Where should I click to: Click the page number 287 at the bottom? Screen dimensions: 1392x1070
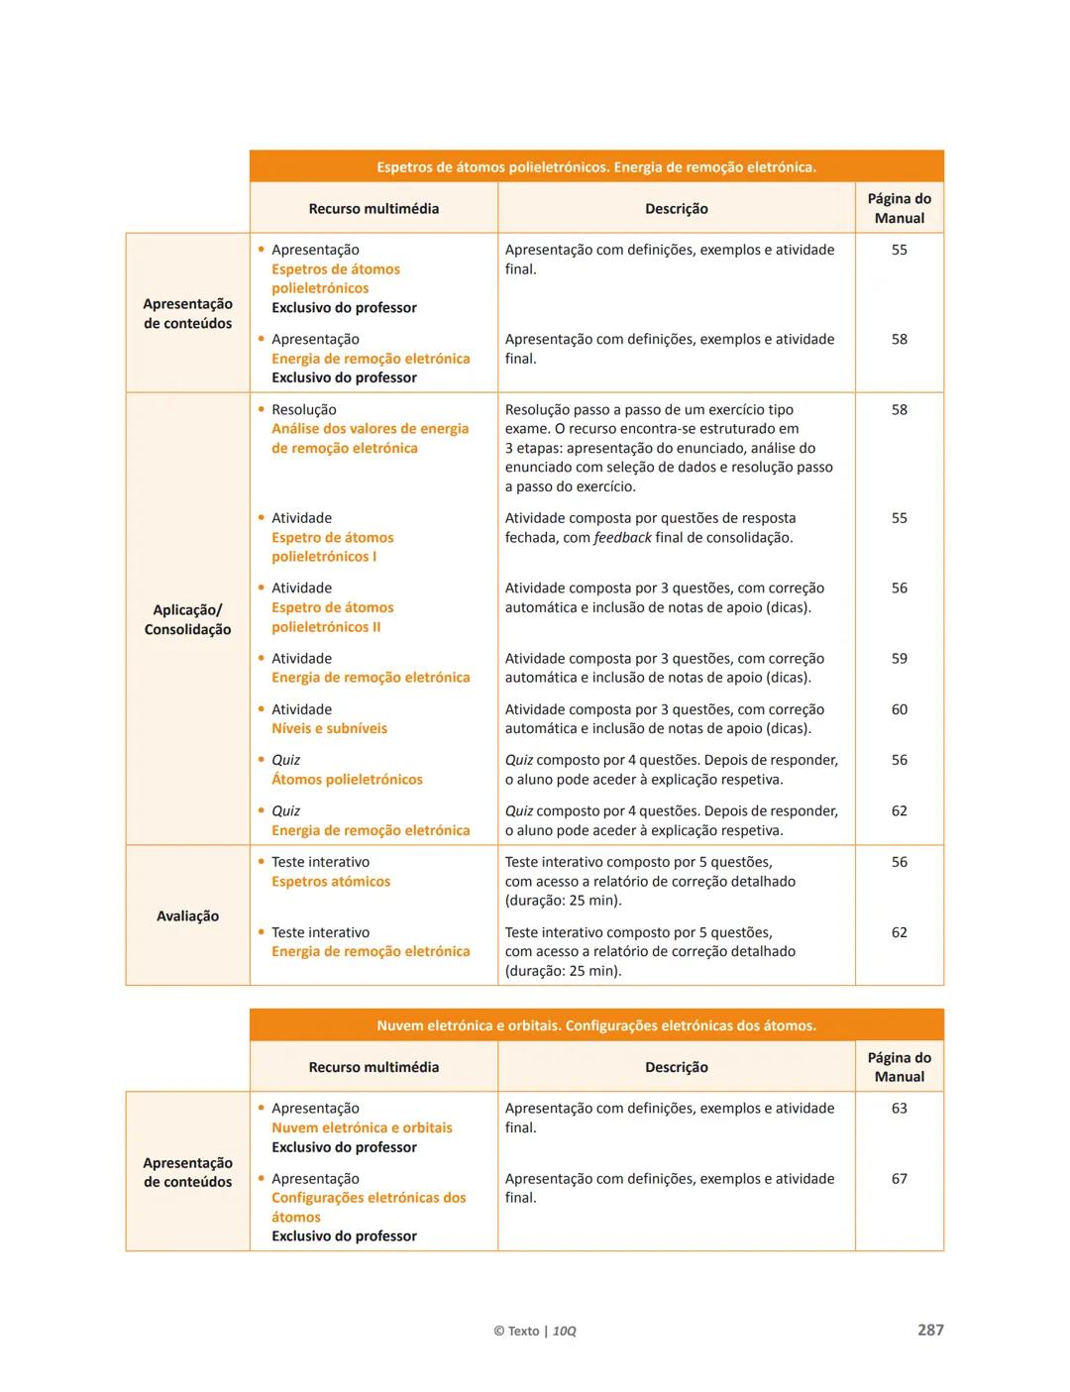point(929,1330)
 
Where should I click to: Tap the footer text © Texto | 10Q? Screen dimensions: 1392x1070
point(534,1331)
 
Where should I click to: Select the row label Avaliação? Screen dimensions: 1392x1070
point(187,915)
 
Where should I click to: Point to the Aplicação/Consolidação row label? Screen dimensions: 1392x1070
point(187,619)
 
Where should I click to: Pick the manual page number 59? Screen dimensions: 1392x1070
point(899,658)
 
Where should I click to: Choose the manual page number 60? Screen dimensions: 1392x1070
point(899,709)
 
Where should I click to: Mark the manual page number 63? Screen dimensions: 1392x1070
point(899,1108)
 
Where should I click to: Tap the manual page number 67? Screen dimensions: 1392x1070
point(899,1178)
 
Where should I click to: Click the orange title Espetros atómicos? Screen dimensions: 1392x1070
point(331,881)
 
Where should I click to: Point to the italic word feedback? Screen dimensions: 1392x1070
point(622,537)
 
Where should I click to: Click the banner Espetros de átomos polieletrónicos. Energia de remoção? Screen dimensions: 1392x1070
point(596,166)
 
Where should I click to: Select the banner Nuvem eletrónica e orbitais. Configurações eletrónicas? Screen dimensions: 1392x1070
point(596,1025)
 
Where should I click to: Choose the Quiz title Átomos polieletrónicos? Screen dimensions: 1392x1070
point(347,780)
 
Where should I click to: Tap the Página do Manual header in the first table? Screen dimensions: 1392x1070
point(899,208)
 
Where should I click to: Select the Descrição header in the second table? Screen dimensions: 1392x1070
point(676,1067)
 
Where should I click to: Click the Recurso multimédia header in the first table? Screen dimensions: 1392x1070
point(374,208)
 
